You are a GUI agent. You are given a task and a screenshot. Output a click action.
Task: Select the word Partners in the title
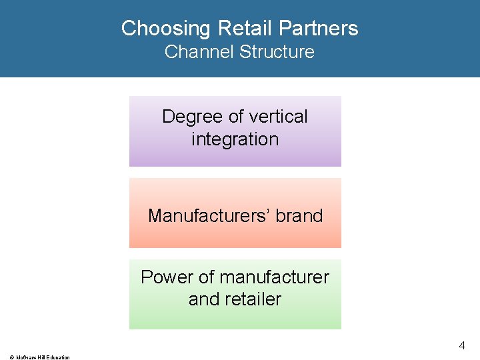coord(319,29)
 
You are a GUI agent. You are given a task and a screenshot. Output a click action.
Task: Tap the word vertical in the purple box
coord(278,117)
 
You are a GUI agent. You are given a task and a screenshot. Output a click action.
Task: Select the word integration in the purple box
coord(235,139)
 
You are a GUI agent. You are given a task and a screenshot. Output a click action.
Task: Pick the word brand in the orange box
coord(299,216)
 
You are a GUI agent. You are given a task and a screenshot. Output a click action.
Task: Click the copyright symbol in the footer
coord(11,357)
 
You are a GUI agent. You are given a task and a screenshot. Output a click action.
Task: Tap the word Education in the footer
coord(57,357)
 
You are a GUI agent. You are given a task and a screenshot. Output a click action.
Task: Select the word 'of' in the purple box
coord(236,117)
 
